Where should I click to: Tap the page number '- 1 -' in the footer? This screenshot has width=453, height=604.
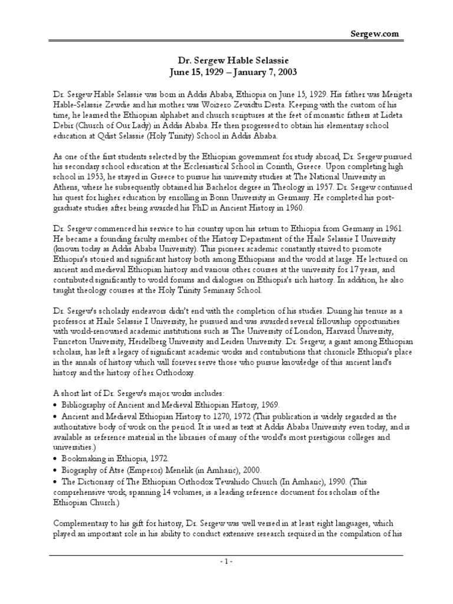[x=226, y=561]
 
